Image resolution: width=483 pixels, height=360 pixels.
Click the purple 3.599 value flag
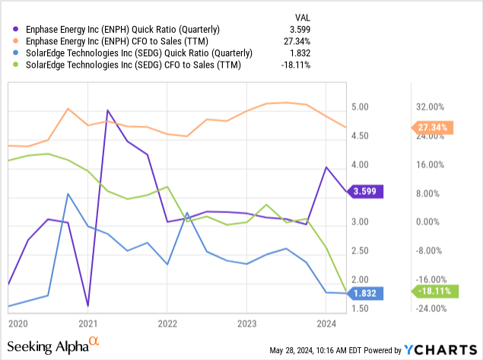pos(365,193)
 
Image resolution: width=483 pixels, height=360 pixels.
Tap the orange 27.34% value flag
pos(431,127)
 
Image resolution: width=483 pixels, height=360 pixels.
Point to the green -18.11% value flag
pos(432,291)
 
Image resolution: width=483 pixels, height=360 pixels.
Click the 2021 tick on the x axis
pos(87,323)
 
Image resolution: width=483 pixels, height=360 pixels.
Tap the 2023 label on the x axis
pos(246,323)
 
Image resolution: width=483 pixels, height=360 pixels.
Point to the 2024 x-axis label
pos(325,323)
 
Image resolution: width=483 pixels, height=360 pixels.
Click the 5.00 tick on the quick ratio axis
pos(361,107)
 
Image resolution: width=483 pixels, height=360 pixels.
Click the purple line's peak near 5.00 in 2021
pos(107,110)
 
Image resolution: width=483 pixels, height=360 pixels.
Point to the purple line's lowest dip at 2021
pos(88,306)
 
